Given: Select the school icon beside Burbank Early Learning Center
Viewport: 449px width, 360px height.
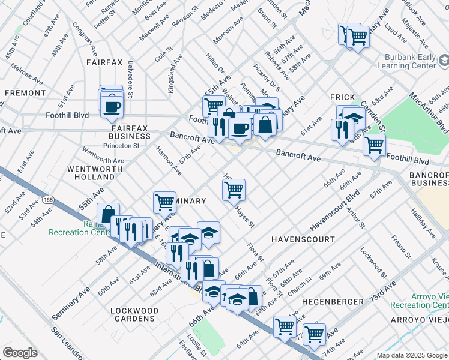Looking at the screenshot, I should pos(444,61).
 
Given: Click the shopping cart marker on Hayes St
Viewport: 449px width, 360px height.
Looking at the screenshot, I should pos(234,190).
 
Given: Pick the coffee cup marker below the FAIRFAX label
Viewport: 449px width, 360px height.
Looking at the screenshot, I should pos(112,107).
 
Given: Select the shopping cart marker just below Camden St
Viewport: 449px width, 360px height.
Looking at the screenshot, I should pos(374,145).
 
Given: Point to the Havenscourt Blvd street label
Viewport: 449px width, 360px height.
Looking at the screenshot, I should pos(334,211).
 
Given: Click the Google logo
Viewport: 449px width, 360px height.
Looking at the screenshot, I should pos(20,353).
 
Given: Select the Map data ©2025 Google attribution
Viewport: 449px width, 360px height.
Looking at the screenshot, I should pos(411,355).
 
